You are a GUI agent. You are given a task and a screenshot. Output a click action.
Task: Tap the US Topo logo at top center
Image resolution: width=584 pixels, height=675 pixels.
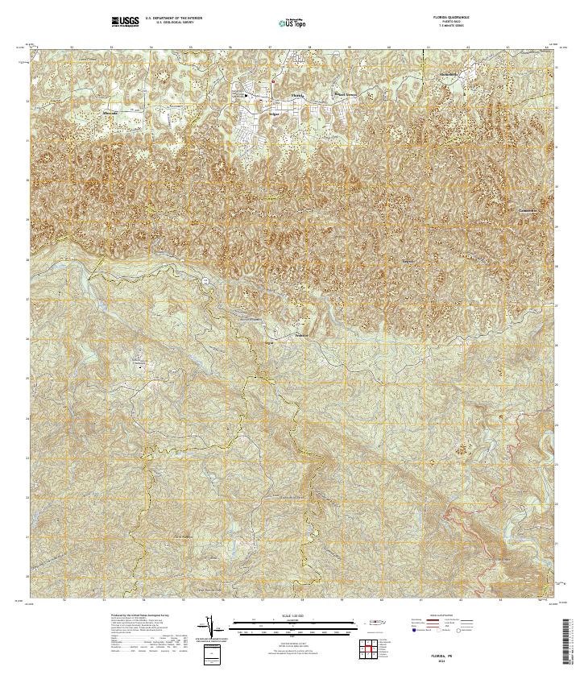point(292,23)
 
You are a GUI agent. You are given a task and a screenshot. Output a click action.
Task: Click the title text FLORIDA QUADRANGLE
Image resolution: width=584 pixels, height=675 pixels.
point(449,17)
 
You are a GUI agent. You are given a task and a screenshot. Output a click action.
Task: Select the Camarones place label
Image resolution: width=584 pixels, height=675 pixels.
point(528,210)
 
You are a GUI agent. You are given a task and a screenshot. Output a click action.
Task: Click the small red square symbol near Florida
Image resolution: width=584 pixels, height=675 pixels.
point(273,81)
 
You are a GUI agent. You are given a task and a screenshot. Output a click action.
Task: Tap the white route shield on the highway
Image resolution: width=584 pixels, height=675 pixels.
point(205,280)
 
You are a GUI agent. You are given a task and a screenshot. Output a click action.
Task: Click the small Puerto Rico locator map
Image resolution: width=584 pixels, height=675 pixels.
point(376,622)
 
